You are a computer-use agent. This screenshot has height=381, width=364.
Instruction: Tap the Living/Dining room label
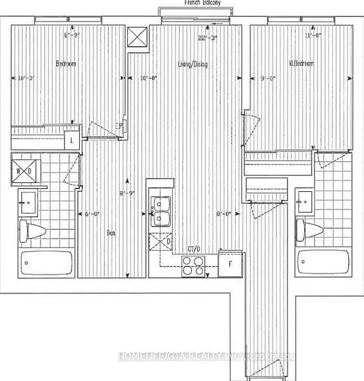[192, 65]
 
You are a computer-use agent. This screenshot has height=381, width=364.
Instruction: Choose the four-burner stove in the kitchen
[192, 266]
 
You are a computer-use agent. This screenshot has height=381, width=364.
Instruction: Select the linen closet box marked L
[72, 141]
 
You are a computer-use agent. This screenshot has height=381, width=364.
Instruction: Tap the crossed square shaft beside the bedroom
[136, 37]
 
